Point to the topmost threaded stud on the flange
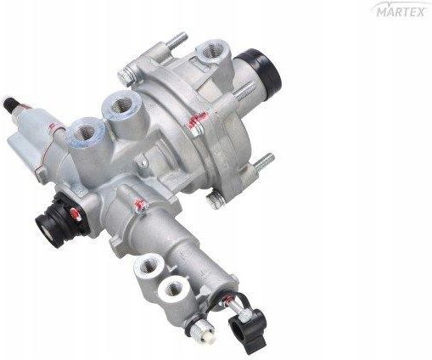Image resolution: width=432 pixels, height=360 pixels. (178, 41)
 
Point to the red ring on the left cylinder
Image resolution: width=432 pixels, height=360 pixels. (51, 127)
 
